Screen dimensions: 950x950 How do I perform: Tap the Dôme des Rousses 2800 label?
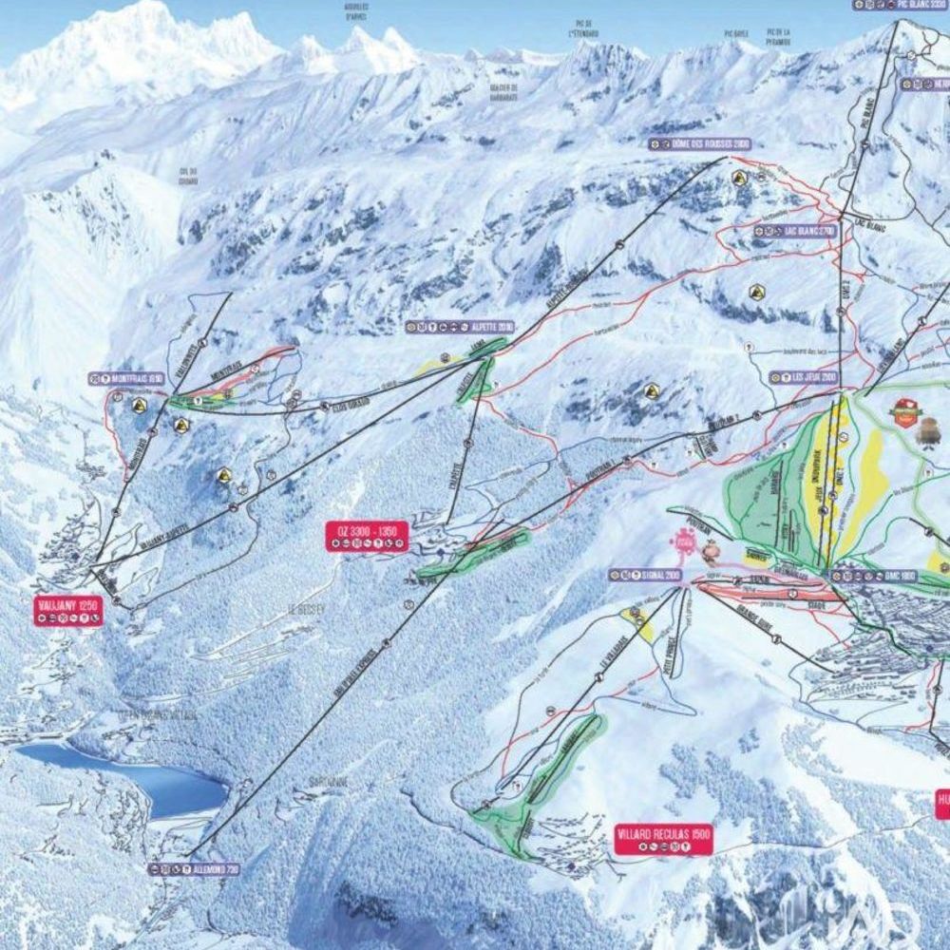coord(699,143)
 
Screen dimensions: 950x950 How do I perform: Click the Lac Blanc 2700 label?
coord(795,231)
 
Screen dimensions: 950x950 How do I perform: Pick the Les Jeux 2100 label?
coord(804,377)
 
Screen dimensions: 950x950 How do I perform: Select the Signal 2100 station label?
coord(645,575)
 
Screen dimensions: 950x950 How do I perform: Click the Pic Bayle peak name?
coord(737,33)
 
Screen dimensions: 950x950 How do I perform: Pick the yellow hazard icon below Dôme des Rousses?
coord(739,178)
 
